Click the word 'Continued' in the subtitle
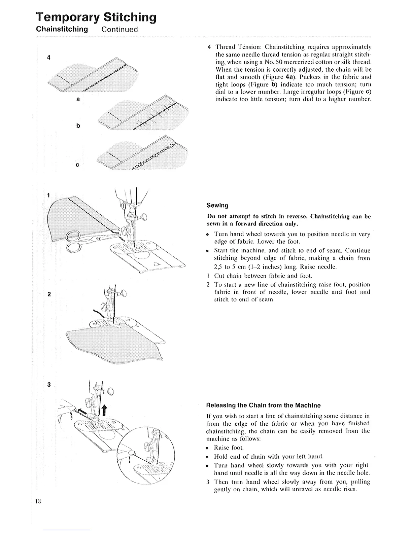[120, 29]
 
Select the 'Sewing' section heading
[217, 205]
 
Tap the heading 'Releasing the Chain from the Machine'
[264, 405]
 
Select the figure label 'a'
[78, 100]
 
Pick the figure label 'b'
[78, 126]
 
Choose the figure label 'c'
[77, 165]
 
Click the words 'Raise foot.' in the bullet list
[229, 448]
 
